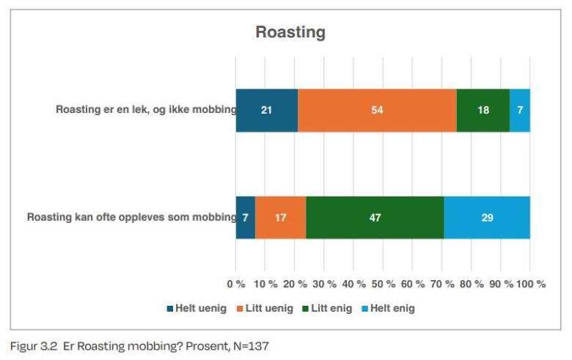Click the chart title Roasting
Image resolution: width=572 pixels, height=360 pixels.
pyautogui.click(x=290, y=32)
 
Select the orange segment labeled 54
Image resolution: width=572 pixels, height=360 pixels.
pyautogui.click(x=377, y=110)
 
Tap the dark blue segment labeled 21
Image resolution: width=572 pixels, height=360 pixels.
pyautogui.click(x=267, y=110)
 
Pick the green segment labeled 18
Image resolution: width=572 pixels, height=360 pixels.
pyautogui.click(x=483, y=110)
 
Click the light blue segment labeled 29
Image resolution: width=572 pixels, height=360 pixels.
pyautogui.click(x=487, y=218)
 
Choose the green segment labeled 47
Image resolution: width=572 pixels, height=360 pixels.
pyautogui.click(x=375, y=218)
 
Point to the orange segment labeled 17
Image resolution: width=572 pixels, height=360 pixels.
pyautogui.click(x=281, y=218)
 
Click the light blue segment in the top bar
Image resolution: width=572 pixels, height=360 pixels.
pyautogui.click(x=520, y=110)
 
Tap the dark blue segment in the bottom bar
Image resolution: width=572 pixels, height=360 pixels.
pyautogui.click(x=246, y=218)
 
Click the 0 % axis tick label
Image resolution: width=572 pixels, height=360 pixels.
pyautogui.click(x=236, y=284)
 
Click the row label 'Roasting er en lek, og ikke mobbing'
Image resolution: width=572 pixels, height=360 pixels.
pyautogui.click(x=145, y=110)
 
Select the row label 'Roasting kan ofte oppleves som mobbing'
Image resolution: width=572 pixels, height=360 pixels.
pyautogui.click(x=131, y=218)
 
